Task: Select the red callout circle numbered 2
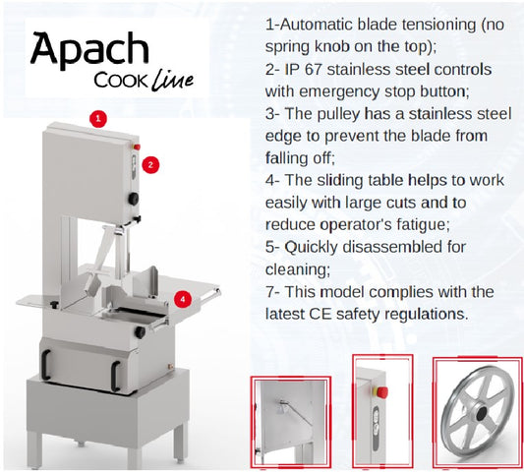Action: click(x=150, y=165)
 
